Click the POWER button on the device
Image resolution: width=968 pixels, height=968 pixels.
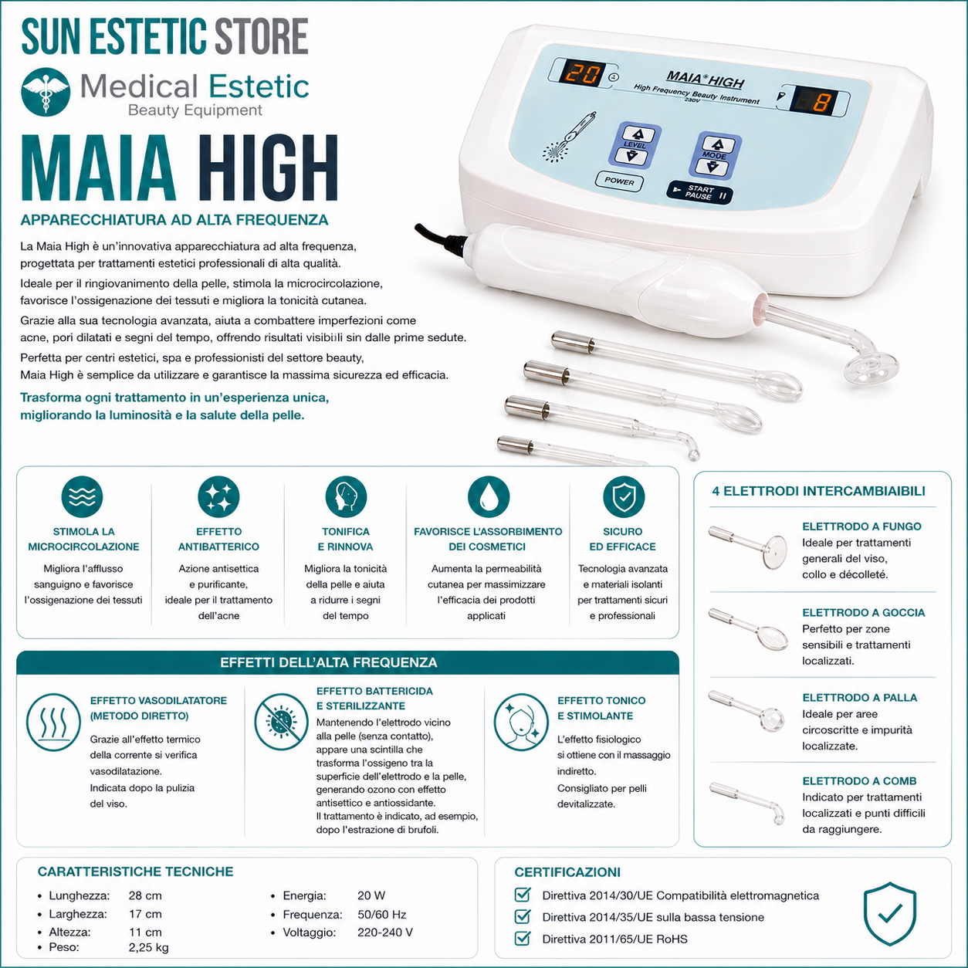pos(618,181)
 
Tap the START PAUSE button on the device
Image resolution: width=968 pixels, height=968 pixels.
pos(699,193)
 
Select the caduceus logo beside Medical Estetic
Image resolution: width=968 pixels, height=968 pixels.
pos(46,92)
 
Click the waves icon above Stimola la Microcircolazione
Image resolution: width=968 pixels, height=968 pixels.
pos(83,496)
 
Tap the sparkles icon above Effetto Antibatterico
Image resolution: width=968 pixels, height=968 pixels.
pos(218,496)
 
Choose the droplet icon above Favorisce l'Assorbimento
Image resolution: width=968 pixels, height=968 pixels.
pos(488,496)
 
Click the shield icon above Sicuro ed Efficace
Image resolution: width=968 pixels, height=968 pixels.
pos(623,496)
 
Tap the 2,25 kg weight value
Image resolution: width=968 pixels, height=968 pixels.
pos(148,947)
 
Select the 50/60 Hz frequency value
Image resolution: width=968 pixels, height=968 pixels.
pos(381,914)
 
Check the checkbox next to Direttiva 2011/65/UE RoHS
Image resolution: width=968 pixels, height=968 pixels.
pos(523,938)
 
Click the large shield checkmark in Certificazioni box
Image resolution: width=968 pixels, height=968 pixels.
pos(889,914)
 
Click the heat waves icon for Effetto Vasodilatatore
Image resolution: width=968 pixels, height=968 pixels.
pos(53,723)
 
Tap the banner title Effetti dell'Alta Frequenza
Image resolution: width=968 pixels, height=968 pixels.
pos(329,662)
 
